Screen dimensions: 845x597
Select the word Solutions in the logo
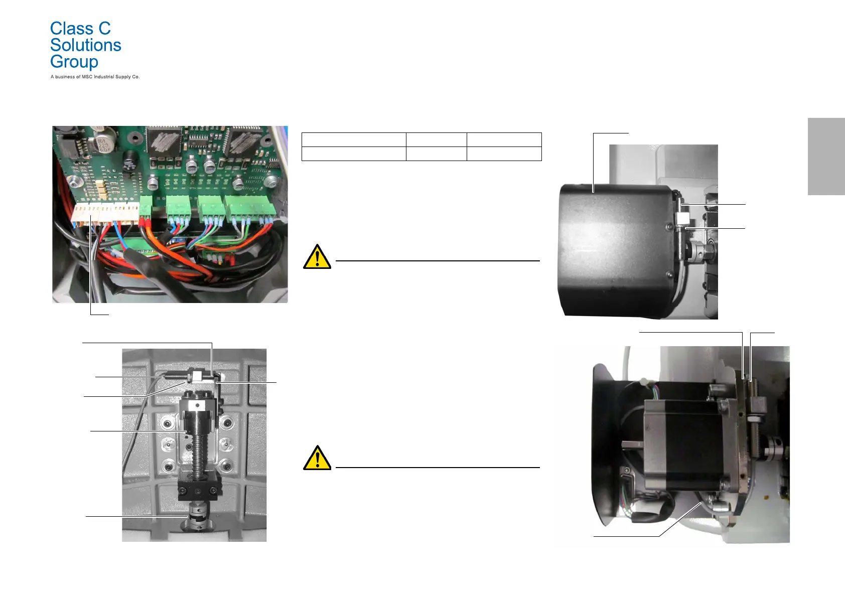86,45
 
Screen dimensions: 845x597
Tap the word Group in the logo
74,62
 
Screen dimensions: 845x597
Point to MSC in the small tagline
87,77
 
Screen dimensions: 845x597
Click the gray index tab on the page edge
826,156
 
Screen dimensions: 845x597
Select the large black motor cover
615,251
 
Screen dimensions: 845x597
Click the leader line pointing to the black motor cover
594,161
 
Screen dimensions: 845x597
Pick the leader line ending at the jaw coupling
135,516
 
